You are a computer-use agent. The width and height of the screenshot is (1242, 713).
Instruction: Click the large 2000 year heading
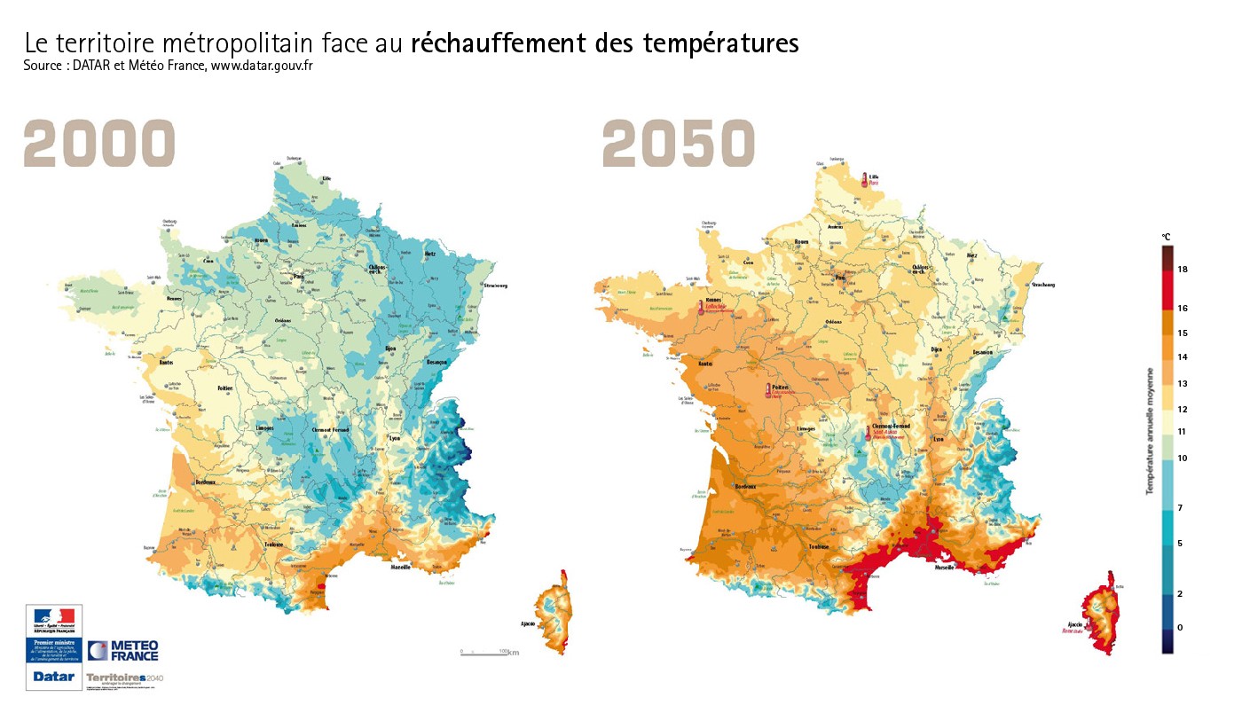(99, 144)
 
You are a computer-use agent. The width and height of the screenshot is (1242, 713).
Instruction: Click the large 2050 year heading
(679, 144)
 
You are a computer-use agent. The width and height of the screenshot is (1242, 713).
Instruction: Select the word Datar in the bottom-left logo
(53, 676)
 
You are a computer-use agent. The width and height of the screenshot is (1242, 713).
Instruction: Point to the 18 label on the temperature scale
(1183, 269)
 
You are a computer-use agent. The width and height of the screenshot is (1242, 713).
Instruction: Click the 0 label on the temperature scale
(1180, 627)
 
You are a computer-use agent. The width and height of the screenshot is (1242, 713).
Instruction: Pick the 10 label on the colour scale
(1183, 458)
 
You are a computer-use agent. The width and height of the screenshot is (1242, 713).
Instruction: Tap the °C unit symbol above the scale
(1167, 237)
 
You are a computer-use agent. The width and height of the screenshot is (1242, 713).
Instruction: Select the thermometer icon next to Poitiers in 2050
(768, 390)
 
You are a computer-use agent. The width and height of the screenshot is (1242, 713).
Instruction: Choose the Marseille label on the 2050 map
(942, 568)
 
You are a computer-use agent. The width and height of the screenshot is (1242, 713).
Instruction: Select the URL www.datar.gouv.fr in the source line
(262, 66)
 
